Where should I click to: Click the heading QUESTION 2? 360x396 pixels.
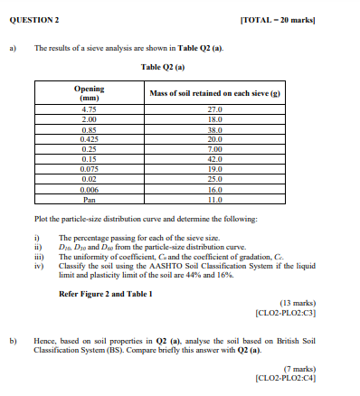click(x=34, y=19)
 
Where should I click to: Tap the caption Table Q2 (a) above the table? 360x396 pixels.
click(x=163, y=67)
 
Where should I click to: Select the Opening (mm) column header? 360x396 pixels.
click(x=89, y=94)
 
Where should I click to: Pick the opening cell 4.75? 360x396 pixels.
click(x=89, y=108)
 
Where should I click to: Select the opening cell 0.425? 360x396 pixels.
click(x=89, y=137)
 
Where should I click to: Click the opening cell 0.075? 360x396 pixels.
click(x=89, y=167)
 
